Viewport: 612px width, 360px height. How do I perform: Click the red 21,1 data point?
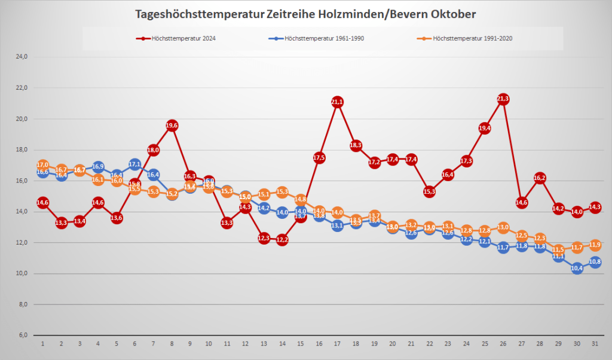click(x=337, y=102)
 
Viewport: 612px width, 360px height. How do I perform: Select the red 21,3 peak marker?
click(x=503, y=99)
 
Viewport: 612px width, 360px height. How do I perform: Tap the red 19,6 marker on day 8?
click(x=172, y=125)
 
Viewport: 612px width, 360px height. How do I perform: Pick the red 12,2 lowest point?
click(x=282, y=240)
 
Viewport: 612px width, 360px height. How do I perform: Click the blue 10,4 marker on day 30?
click(x=577, y=268)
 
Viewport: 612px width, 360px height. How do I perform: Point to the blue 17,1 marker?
click(x=135, y=164)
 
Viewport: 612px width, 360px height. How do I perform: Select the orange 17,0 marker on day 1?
click(x=42, y=165)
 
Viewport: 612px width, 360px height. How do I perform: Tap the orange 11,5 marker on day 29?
click(x=559, y=249)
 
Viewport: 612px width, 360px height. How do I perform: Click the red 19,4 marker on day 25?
click(x=485, y=128)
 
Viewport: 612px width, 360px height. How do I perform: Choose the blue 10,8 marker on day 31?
click(x=595, y=262)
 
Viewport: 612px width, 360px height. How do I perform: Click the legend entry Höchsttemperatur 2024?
click(x=179, y=38)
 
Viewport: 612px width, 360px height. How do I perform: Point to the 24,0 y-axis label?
click(x=22, y=57)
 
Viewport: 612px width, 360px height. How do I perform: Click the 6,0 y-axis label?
click(x=22, y=335)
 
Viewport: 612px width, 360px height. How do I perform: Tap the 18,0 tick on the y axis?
click(x=22, y=150)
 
